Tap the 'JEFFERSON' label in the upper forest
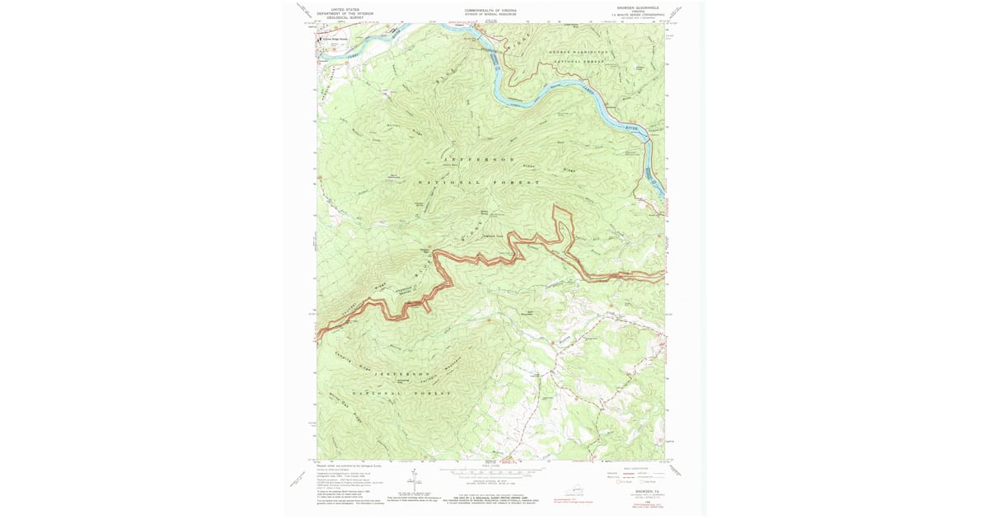pyautogui.click(x=479, y=158)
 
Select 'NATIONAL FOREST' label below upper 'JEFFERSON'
pyautogui.click(x=479, y=182)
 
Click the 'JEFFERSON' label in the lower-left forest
pyautogui.click(x=403, y=374)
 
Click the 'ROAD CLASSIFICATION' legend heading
pyautogui.click(x=636, y=469)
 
